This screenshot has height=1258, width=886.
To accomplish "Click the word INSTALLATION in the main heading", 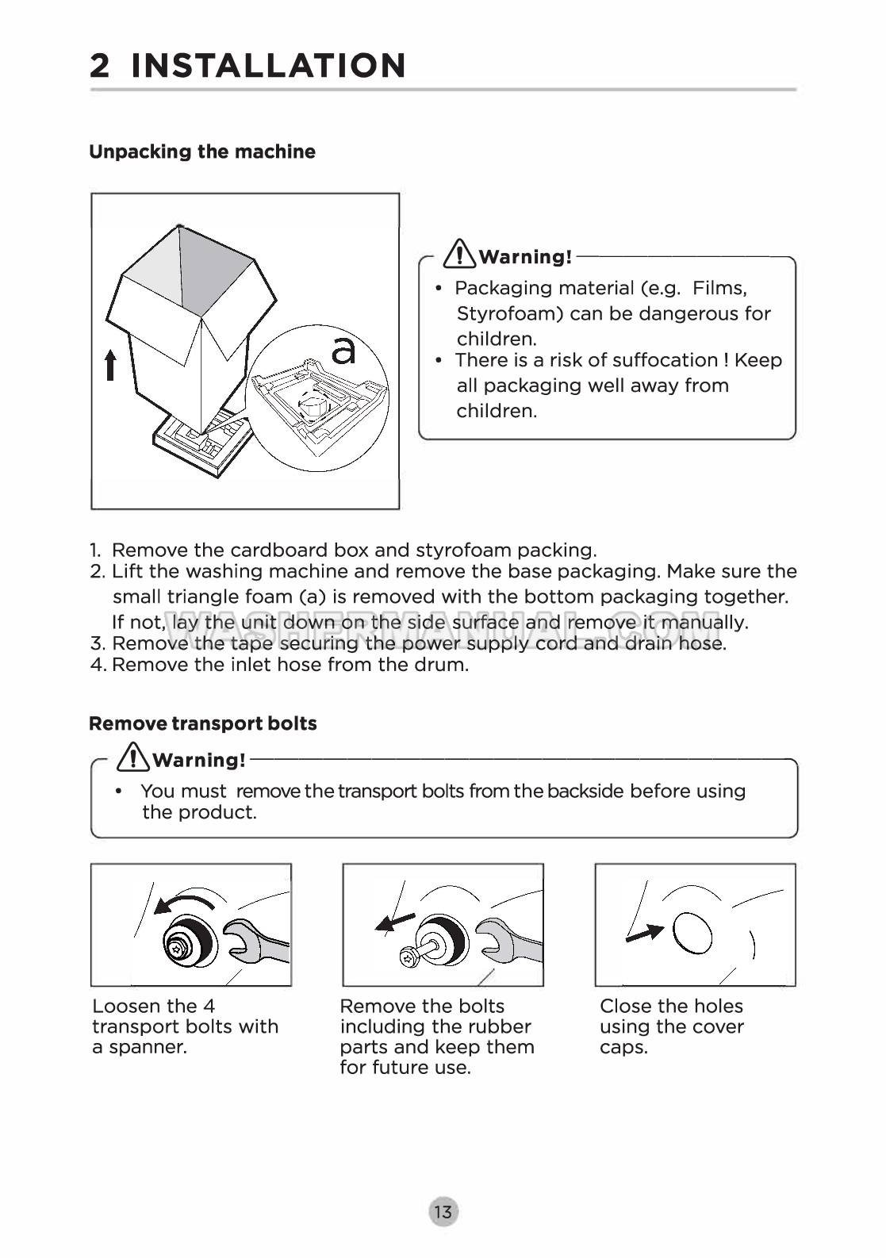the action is pos(268,66).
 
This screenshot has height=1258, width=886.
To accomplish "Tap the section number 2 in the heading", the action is pos(99,66).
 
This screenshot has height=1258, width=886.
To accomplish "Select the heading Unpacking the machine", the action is pos(202,151).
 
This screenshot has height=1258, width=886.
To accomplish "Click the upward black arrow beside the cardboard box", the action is pos(110,365).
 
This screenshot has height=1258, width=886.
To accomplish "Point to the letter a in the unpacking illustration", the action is pos(343,351).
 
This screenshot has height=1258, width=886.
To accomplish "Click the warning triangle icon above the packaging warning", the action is pos(460,253).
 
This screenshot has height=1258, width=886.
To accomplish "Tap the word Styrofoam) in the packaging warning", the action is pos(510,313).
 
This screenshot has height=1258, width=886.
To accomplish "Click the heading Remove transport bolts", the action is pos(203,723).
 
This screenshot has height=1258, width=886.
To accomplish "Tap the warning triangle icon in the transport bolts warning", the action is pos(133,757).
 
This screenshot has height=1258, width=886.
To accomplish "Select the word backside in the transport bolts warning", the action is pos(585,791).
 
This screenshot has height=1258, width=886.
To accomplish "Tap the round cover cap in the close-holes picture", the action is pos(692,934).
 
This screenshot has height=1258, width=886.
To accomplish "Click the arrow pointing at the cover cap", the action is pos(645,934).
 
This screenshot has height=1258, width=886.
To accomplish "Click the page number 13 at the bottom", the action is pos(443,1212).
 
